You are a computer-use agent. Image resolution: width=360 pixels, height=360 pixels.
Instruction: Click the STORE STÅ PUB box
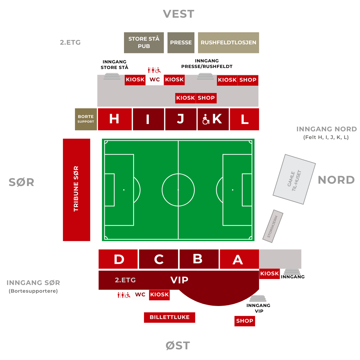point(144,43)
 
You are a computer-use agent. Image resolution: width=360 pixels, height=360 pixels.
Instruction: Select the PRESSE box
point(181,43)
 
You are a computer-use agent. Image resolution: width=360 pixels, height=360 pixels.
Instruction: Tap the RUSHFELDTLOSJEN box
point(228,43)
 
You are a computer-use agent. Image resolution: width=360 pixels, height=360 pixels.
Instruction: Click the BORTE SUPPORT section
point(86,119)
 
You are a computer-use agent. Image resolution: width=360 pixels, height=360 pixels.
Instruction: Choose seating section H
point(115,119)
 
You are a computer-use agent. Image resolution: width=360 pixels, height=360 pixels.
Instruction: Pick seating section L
point(245,119)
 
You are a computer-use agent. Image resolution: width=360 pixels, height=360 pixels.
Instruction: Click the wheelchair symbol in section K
point(206,120)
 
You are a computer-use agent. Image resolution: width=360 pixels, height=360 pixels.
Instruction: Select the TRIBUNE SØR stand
point(76,190)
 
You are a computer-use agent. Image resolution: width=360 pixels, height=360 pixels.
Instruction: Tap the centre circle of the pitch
point(178,190)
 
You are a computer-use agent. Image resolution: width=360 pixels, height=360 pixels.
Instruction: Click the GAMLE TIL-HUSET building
point(294,179)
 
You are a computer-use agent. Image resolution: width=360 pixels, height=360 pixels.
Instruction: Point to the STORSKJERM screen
point(273,226)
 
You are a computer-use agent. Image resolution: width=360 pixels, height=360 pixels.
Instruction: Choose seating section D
point(118,259)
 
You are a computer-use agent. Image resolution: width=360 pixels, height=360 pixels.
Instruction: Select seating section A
point(239,259)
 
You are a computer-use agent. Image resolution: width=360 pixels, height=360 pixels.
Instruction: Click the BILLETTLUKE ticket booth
point(169,317)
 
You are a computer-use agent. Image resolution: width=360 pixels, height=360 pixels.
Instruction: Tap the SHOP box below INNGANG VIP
point(245,321)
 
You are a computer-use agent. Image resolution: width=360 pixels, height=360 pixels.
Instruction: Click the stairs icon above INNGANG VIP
point(258,298)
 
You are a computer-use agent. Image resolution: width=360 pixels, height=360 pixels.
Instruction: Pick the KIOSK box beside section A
point(270,274)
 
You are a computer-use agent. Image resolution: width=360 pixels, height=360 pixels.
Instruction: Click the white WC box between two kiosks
point(155,80)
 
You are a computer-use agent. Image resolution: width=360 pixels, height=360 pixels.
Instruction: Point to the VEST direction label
point(179,14)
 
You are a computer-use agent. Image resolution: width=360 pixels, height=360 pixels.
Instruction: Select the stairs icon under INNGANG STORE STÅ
point(112,76)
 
